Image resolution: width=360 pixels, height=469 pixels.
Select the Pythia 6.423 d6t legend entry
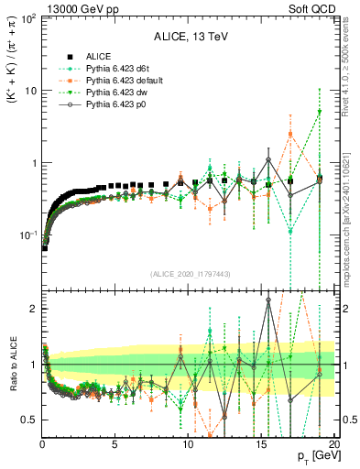pyautogui.click(x=120, y=69)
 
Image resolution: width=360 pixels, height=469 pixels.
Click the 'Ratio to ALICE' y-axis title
pyautogui.click(x=12, y=365)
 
